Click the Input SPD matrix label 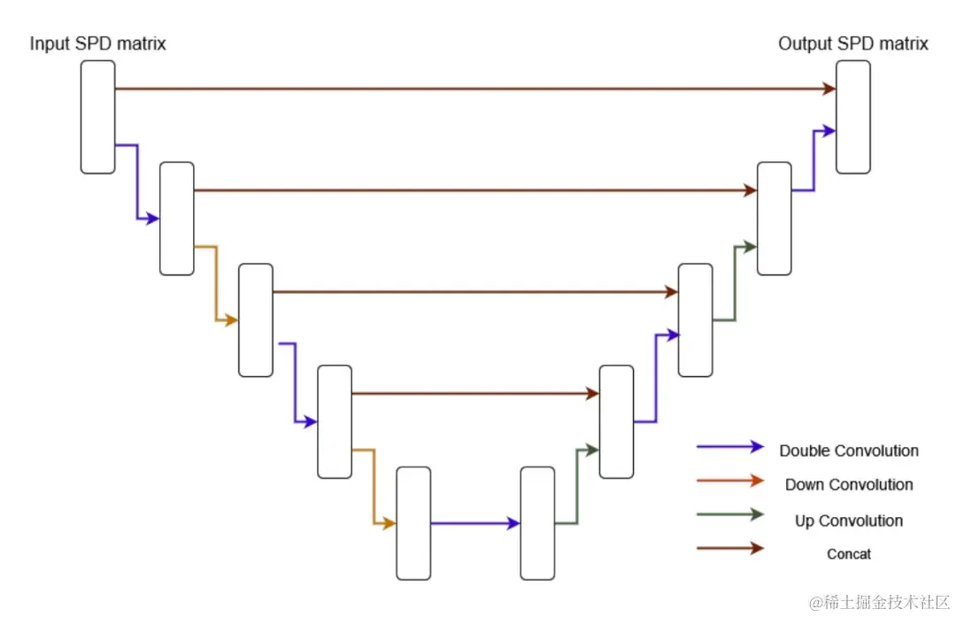point(98,43)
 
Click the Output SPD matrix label point(853,43)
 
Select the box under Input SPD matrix point(97,117)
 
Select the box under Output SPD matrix point(853,117)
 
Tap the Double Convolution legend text point(849,451)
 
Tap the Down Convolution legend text point(849,484)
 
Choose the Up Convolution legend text point(849,521)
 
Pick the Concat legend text point(849,554)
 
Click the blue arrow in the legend point(729,447)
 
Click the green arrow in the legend point(729,514)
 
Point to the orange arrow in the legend point(729,481)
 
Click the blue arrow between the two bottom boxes point(475,523)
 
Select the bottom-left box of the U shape point(413,523)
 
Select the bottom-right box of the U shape point(537,523)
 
